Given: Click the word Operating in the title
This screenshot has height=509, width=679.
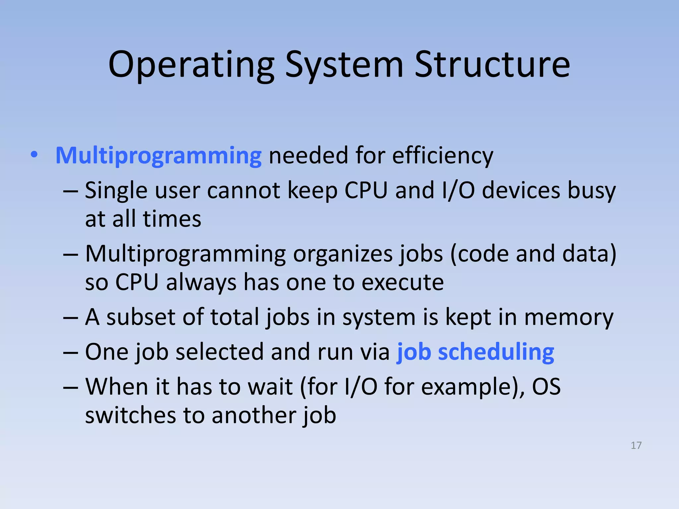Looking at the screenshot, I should pyautogui.click(x=191, y=65).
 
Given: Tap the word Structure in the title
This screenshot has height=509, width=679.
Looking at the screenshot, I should pyautogui.click(x=492, y=65).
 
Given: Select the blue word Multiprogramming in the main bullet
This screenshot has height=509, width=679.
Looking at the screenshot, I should pyautogui.click(x=158, y=155).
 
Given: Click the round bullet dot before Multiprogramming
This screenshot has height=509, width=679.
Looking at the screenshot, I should pyautogui.click(x=34, y=154).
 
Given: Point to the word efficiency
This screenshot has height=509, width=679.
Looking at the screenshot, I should pyautogui.click(x=442, y=155).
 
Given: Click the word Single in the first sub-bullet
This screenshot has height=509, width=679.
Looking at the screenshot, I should pyautogui.click(x=116, y=191).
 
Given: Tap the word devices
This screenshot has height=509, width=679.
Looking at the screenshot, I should pyautogui.click(x=521, y=191).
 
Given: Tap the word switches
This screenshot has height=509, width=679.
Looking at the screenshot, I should pyautogui.click(x=130, y=416).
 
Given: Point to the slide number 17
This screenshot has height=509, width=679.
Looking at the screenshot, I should pyautogui.click(x=636, y=445).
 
